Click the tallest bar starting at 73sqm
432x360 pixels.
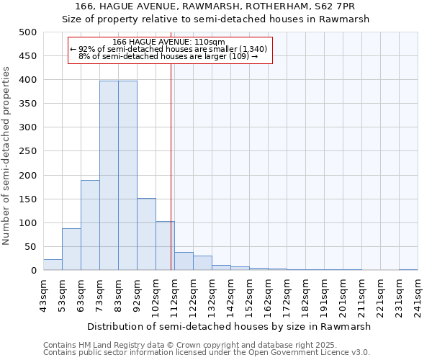tap(109, 176)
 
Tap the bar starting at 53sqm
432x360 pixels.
tap(71, 249)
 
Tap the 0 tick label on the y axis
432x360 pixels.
tap(33, 271)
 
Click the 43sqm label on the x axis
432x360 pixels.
tap(44, 294)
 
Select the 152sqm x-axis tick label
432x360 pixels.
tap(250, 296)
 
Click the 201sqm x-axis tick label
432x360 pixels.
tap(343, 296)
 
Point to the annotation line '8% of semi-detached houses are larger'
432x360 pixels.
tap(168, 56)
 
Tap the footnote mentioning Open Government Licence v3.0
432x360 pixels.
tap(207, 353)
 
